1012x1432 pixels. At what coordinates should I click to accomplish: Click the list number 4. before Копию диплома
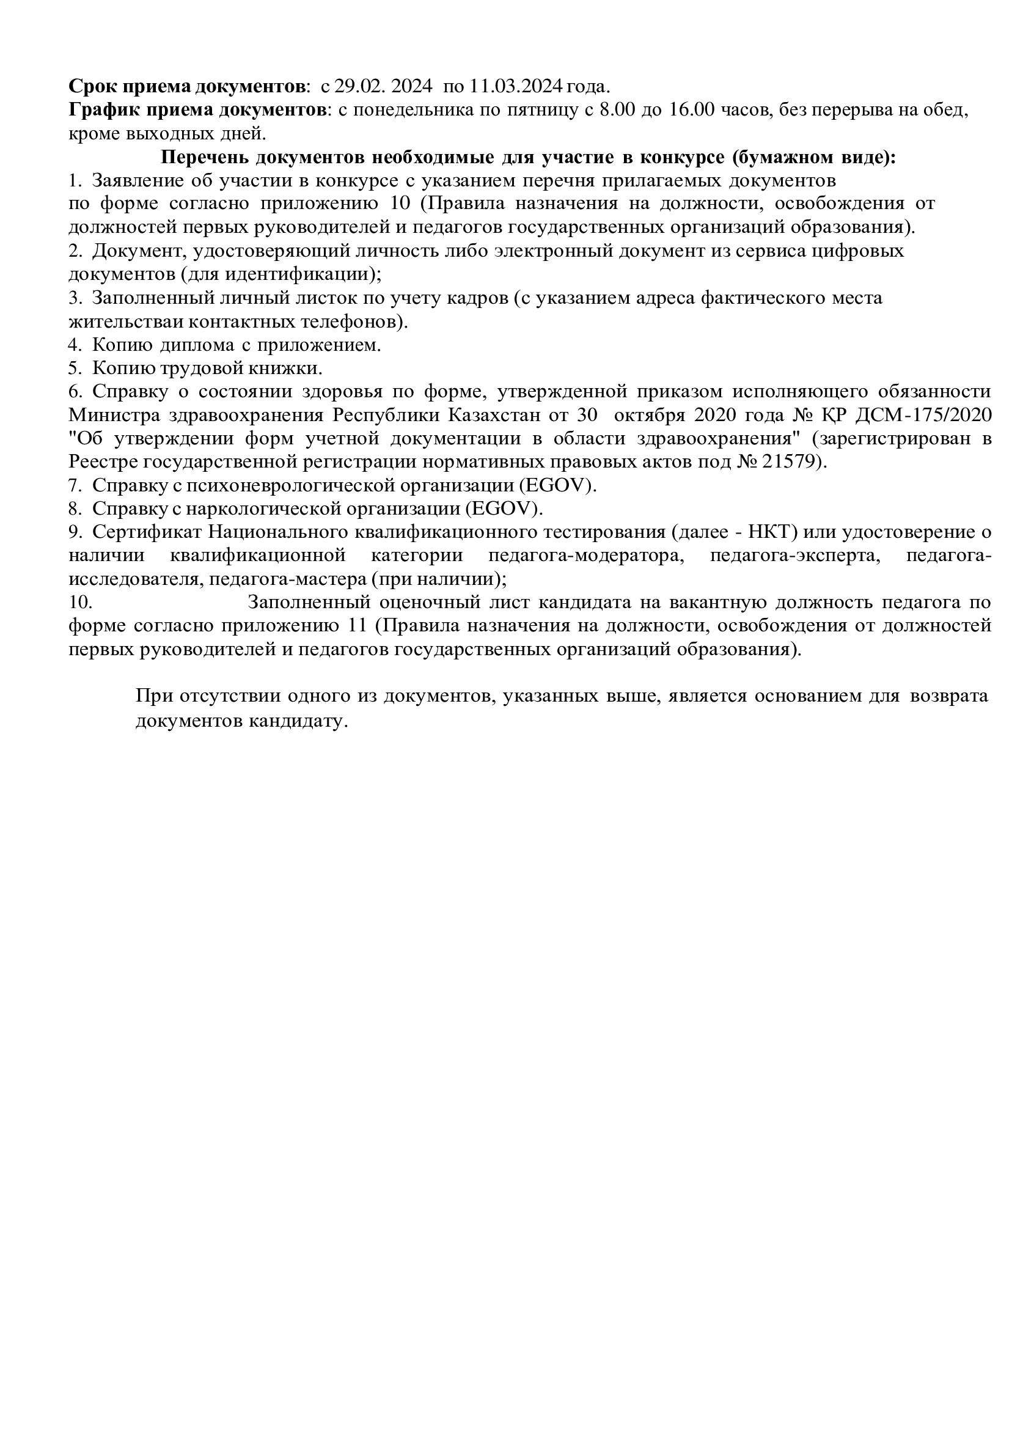coord(75,345)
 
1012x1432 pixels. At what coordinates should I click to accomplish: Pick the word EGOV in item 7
coord(560,485)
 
